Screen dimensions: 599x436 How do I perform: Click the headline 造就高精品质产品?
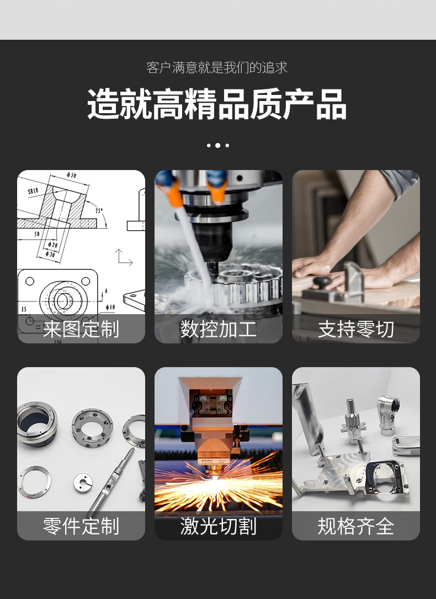(217, 104)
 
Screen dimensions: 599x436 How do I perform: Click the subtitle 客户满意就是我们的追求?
(217, 68)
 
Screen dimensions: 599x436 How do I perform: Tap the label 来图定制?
(81, 329)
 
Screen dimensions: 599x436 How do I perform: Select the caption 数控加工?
(218, 329)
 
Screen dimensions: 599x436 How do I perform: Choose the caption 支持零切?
(355, 329)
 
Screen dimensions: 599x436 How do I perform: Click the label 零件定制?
(81, 526)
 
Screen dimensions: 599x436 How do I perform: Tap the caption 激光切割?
(218, 526)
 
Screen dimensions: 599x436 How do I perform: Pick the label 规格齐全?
(355, 526)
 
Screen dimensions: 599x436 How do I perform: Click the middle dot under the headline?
(217, 146)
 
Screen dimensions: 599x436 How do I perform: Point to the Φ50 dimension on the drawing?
(71, 176)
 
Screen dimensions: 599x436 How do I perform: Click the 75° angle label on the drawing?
(99, 210)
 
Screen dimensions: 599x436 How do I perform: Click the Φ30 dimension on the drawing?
(50, 254)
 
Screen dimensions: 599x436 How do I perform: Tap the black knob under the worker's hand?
(322, 282)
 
